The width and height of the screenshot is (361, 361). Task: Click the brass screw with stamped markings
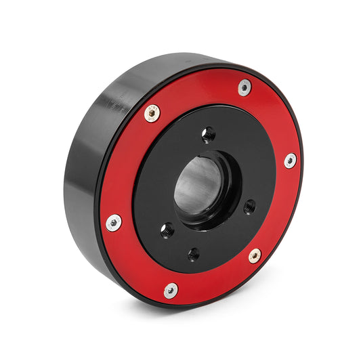(153, 113)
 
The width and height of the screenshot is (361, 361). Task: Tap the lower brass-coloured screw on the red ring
(255, 255)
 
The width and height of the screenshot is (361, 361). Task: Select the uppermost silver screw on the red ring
(245, 87)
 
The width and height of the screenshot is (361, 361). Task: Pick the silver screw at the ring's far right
(290, 161)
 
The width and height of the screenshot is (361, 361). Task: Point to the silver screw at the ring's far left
(114, 222)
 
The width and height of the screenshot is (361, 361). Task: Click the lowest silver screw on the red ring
(171, 290)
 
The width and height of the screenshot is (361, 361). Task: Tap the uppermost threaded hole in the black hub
(209, 133)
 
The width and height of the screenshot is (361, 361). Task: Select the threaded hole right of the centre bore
(249, 206)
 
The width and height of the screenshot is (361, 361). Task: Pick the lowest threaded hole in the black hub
(194, 254)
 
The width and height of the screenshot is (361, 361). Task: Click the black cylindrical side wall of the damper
(85, 169)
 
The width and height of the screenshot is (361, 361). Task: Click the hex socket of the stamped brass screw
(153, 113)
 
